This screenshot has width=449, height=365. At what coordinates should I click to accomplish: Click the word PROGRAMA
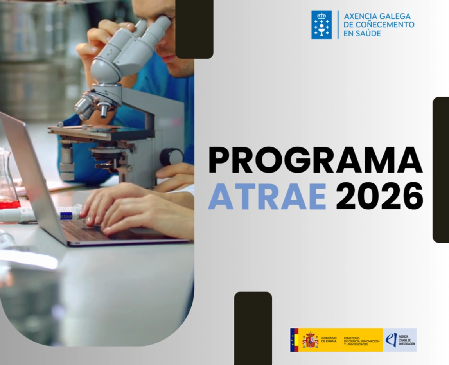[x=315, y=160]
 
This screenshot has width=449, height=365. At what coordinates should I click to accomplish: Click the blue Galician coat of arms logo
[x=321, y=25]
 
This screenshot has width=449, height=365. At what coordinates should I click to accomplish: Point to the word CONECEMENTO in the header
[x=384, y=25]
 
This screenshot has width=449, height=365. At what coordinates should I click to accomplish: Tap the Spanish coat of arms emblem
[x=310, y=340]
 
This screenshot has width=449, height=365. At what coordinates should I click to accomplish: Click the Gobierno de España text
[x=329, y=340]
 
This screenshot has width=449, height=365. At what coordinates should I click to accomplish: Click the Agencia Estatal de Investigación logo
[x=400, y=340]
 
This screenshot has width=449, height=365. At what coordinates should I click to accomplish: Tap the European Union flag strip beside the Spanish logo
[x=294, y=340]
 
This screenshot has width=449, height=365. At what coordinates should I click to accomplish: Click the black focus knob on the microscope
[x=171, y=157]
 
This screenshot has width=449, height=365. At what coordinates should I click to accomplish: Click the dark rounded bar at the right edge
[x=441, y=170]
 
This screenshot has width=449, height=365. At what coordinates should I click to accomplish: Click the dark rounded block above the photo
[x=194, y=28]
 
